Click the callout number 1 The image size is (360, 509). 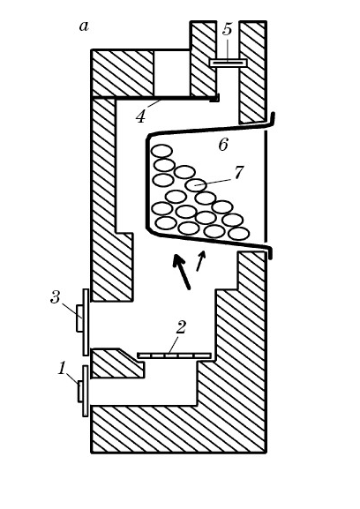point(62,369)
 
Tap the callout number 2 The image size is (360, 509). point(180,327)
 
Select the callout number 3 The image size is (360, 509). point(56,297)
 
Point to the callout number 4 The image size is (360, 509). point(140,116)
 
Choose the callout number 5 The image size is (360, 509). point(228,29)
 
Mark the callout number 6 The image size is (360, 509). point(223,145)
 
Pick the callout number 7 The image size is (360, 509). point(238,173)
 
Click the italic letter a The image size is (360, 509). point(84,26)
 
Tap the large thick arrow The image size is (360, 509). point(181,272)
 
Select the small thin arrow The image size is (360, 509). point(201,260)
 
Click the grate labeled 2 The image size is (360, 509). point(175,356)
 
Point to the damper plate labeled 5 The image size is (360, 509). point(228,63)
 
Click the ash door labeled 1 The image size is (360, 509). point(83,391)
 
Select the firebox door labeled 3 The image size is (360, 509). point(82,322)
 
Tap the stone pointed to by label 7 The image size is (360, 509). point(196,185)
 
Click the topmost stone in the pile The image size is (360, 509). point(161,151)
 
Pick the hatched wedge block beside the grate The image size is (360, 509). point(116,363)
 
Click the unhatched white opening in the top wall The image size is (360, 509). point(171,73)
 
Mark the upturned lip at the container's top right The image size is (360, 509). point(273,119)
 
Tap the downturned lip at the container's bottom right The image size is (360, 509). point(270,252)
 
